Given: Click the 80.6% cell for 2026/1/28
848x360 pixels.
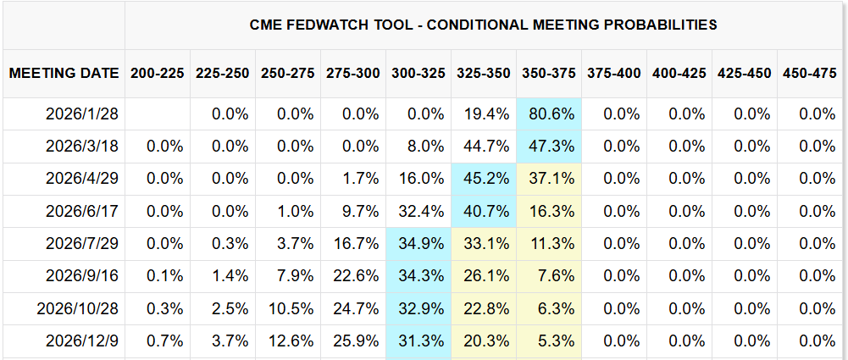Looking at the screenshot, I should (548, 114).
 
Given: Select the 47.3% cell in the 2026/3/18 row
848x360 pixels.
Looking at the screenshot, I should (548, 146).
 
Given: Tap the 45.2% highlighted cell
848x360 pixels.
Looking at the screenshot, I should (483, 179).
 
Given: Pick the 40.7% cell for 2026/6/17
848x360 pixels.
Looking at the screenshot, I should (483, 211).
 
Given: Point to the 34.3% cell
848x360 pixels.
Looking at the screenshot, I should (418, 276).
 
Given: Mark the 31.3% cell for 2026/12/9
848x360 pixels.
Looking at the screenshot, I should (418, 341).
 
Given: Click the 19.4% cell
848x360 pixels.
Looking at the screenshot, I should (483, 114).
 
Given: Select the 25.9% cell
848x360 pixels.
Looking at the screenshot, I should (352, 341).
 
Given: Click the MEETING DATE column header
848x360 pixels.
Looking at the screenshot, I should (64, 73).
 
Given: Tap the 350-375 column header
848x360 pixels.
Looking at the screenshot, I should (548, 73).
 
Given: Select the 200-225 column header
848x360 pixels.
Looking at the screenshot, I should (158, 73).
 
